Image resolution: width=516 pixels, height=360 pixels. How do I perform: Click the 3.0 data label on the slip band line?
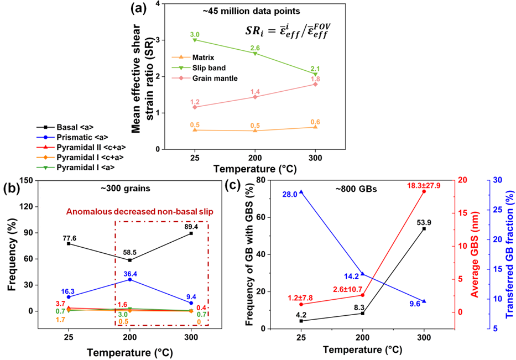[195, 34]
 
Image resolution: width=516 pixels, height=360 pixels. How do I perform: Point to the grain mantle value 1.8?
[315, 79]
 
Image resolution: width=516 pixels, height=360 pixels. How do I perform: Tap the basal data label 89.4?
[190, 227]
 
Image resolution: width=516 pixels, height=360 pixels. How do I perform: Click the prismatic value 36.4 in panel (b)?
[129, 273]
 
